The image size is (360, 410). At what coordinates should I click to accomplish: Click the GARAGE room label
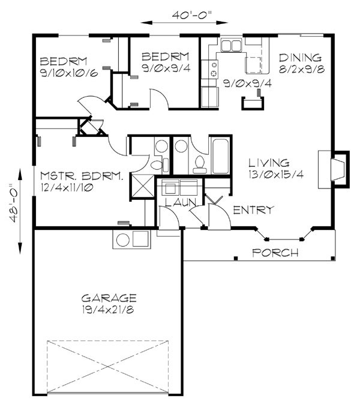click(x=109, y=297)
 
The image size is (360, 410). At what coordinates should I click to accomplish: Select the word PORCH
click(x=275, y=253)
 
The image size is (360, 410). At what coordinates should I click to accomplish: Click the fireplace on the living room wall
click(x=338, y=165)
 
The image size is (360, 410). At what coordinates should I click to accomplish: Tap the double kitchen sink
click(x=230, y=46)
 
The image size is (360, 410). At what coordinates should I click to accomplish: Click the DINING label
click(x=301, y=58)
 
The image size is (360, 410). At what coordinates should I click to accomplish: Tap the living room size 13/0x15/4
click(x=270, y=175)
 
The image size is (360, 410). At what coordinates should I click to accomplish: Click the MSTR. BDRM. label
click(x=82, y=176)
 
